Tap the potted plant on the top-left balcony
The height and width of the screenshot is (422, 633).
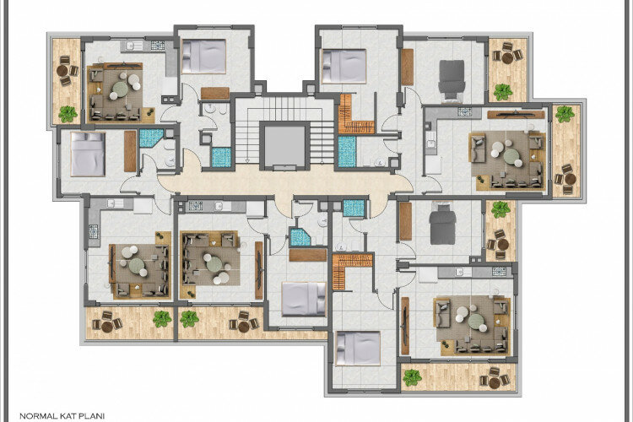coord(68,112)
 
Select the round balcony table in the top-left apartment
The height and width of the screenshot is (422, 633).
coord(65,72)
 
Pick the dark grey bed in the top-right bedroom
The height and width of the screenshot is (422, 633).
coord(453,79)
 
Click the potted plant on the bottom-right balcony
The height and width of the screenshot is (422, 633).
coord(412,377)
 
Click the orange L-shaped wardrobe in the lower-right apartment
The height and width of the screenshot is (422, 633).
coord(350,270)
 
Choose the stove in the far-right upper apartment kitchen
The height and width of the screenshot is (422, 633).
coord(463,111)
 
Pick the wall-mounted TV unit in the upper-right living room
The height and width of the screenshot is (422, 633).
coord(515,113)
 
